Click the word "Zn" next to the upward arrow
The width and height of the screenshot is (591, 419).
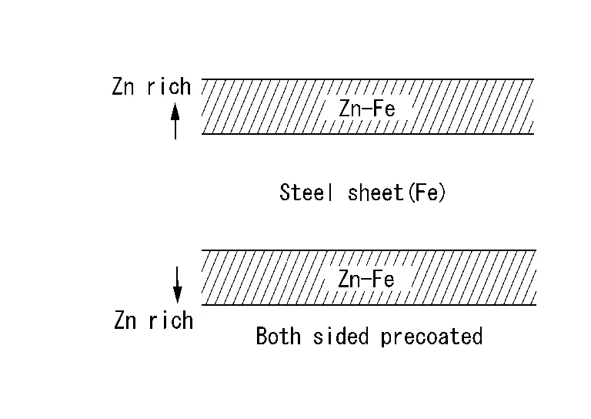coord(123,87)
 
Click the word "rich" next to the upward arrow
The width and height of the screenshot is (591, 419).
coord(169,86)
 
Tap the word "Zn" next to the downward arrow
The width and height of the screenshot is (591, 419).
coord(125,320)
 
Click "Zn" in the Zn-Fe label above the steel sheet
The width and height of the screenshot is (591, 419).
coord(350,109)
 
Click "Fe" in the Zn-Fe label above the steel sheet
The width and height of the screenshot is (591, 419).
coord(385,109)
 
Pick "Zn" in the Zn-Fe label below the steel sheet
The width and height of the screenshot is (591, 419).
coord(349,279)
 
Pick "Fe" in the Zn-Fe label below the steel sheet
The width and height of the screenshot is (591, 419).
coord(384,279)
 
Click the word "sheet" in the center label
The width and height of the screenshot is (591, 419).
coord(376,193)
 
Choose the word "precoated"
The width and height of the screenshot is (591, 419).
coord(432,337)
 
